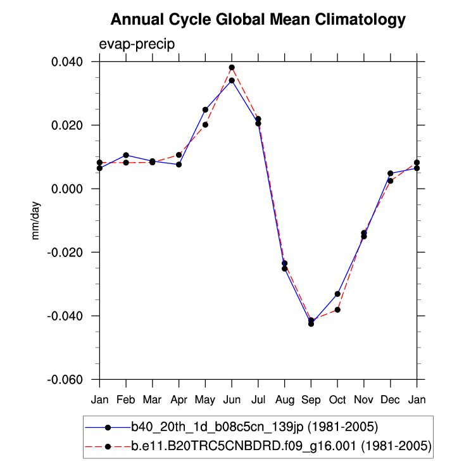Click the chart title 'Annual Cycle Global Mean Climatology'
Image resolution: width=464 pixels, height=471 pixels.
258,20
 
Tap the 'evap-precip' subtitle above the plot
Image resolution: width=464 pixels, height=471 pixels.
137,44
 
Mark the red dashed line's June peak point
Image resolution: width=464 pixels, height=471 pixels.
232,67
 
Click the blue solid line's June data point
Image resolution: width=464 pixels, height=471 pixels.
232,80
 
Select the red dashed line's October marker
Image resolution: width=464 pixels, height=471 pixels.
337,310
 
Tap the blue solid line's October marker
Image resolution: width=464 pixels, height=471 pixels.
337,294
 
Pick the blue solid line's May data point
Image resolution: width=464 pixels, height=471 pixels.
205,110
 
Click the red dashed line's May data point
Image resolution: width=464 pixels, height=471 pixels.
205,125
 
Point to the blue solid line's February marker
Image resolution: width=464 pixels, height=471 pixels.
126,155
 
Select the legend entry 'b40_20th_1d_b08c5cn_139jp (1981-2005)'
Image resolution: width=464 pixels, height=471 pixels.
254,425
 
